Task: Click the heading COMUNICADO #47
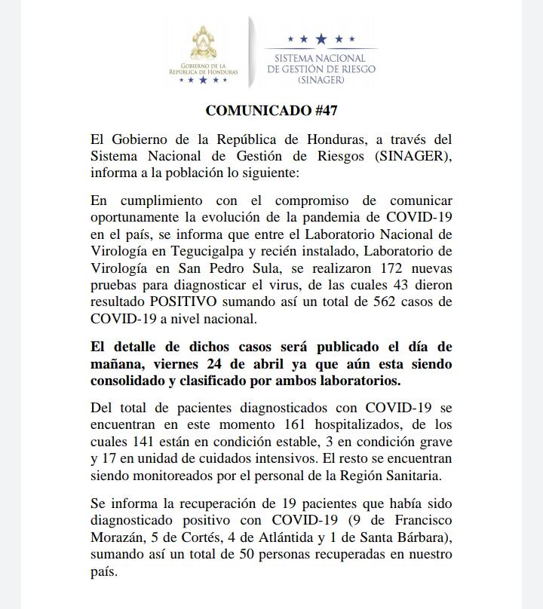(x=271, y=110)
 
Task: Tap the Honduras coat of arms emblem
(x=203, y=47)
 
